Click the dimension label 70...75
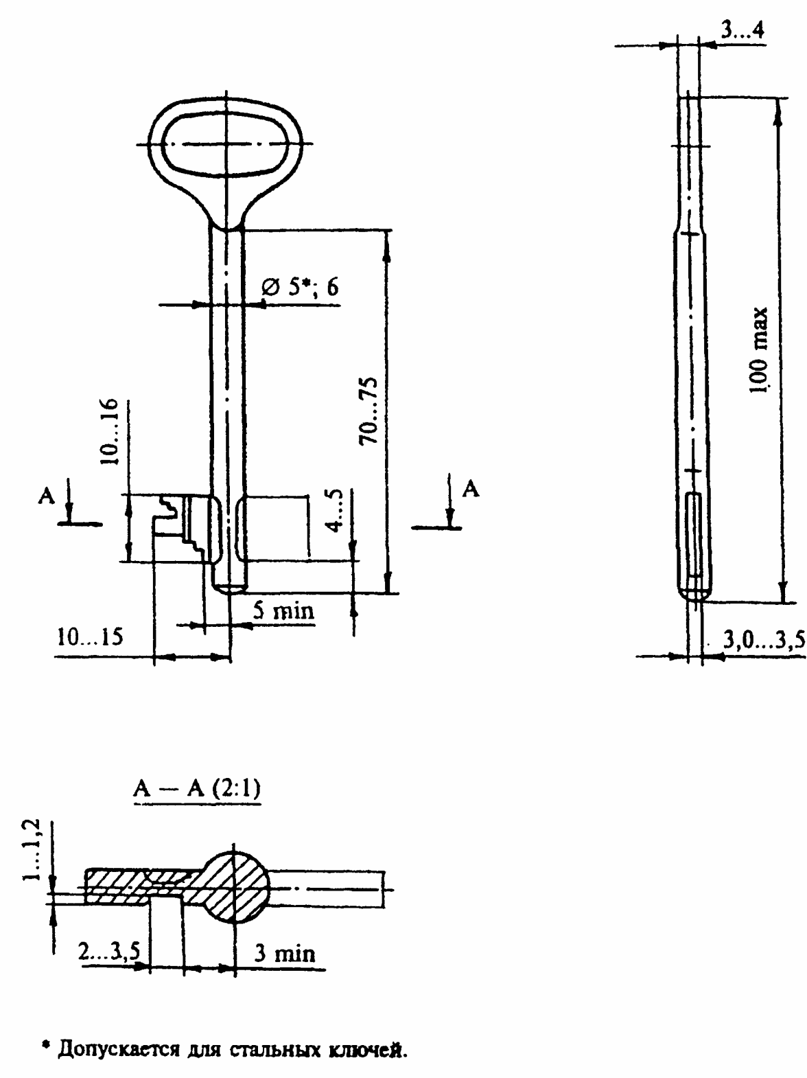(x=368, y=411)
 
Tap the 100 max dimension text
(x=758, y=350)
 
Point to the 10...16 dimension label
(x=110, y=431)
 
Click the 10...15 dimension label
(x=91, y=638)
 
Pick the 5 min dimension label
(x=283, y=611)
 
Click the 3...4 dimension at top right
(x=742, y=31)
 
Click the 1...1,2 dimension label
(x=32, y=850)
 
